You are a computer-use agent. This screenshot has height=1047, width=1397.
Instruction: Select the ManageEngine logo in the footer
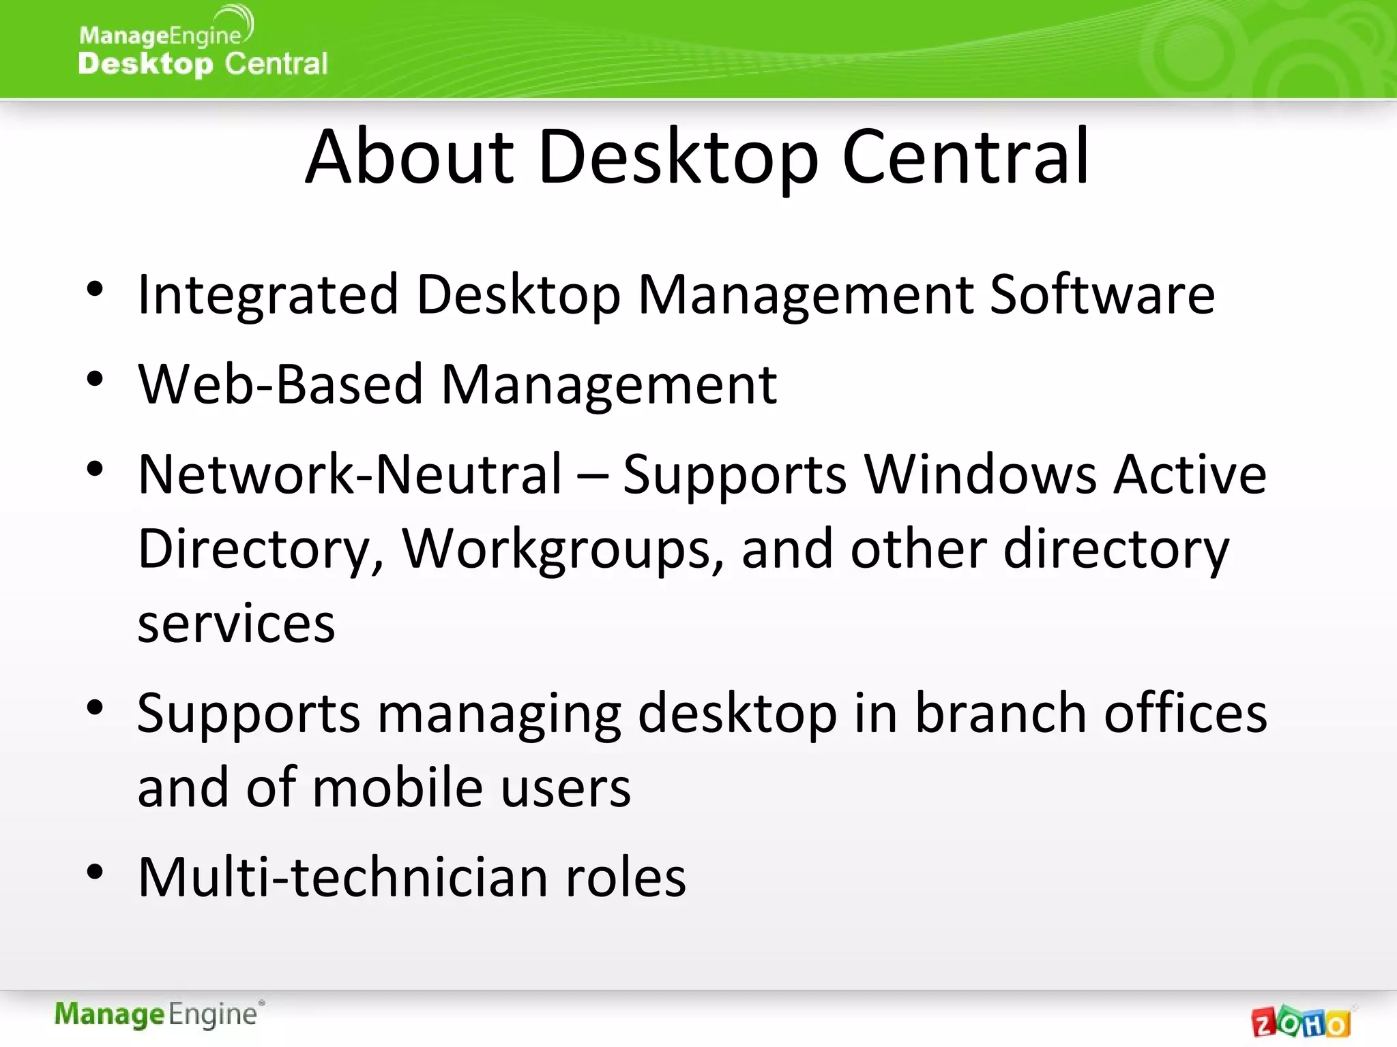click(158, 1014)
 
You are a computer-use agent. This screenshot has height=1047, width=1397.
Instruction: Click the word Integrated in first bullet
click(267, 294)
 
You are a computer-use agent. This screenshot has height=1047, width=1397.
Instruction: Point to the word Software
click(1102, 294)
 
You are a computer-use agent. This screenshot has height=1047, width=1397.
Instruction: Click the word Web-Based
click(280, 384)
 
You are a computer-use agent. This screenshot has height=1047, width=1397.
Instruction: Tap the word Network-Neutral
click(349, 474)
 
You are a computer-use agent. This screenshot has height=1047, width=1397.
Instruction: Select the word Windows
click(980, 474)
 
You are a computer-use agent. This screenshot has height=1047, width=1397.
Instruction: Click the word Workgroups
click(562, 549)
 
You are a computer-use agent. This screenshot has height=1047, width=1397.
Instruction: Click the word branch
click(1000, 713)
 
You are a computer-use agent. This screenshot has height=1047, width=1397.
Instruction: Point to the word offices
click(1185, 713)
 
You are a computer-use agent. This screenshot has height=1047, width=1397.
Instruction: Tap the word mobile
click(398, 788)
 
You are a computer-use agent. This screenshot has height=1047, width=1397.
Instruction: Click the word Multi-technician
click(342, 877)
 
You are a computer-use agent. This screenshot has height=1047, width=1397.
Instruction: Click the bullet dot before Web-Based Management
click(95, 379)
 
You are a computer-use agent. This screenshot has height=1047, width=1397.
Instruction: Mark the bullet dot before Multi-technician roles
click(95, 872)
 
